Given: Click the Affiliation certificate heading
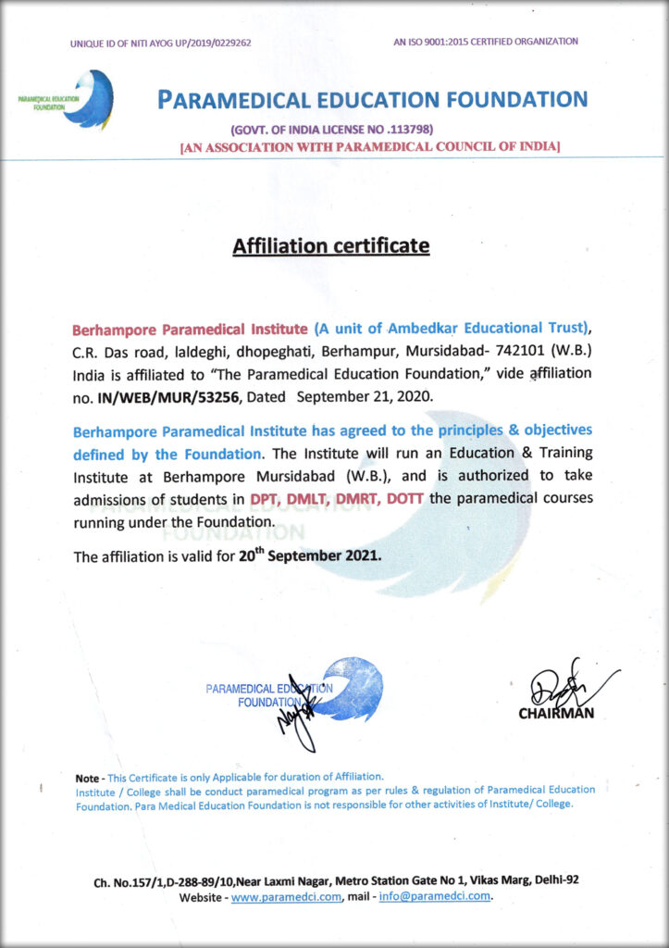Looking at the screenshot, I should tap(331, 246).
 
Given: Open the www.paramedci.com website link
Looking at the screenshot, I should tap(287, 897).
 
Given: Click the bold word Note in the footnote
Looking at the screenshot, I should tap(88, 776).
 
